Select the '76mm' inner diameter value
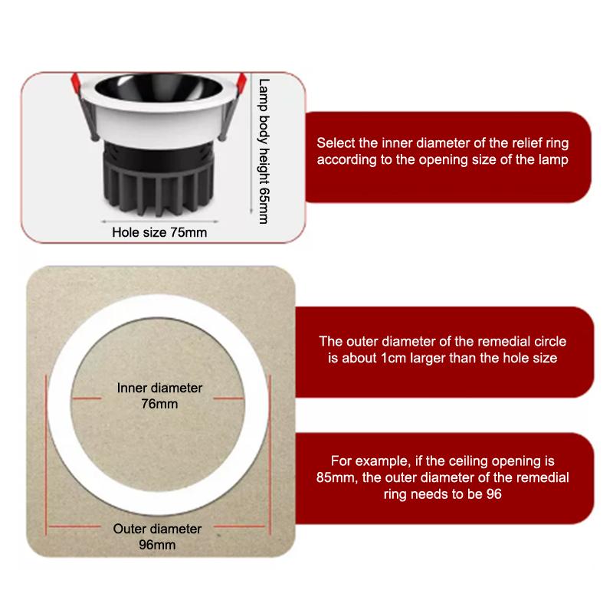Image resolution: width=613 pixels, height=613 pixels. [159, 403]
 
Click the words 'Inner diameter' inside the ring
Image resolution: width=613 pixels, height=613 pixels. [159, 388]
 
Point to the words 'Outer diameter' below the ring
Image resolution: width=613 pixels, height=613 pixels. [157, 529]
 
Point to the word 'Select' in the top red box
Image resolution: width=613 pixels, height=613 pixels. [335, 143]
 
